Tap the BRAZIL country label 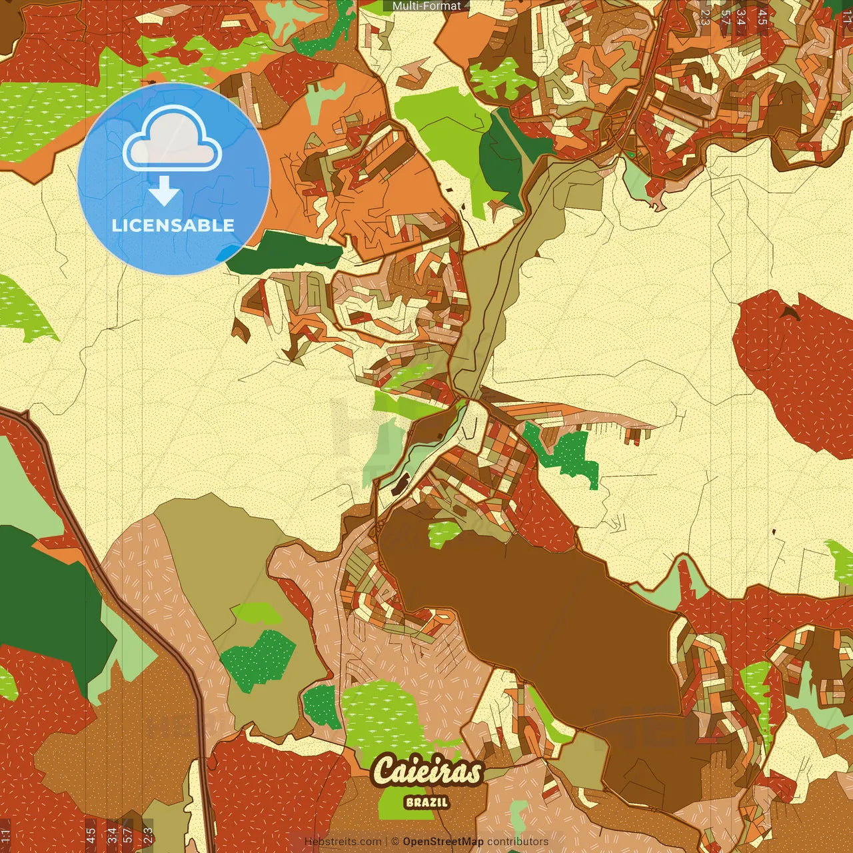point(426,802)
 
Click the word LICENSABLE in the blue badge point(173,225)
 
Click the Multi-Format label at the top point(426,6)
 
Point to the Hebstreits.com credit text point(343,842)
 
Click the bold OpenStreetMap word point(443,842)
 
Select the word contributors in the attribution point(518,842)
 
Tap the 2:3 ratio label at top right point(705,17)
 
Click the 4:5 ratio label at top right point(762,17)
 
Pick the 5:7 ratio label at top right point(724,17)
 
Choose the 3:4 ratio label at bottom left point(112,834)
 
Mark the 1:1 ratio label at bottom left point(5,834)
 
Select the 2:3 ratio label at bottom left point(148,834)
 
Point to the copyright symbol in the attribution point(395,842)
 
